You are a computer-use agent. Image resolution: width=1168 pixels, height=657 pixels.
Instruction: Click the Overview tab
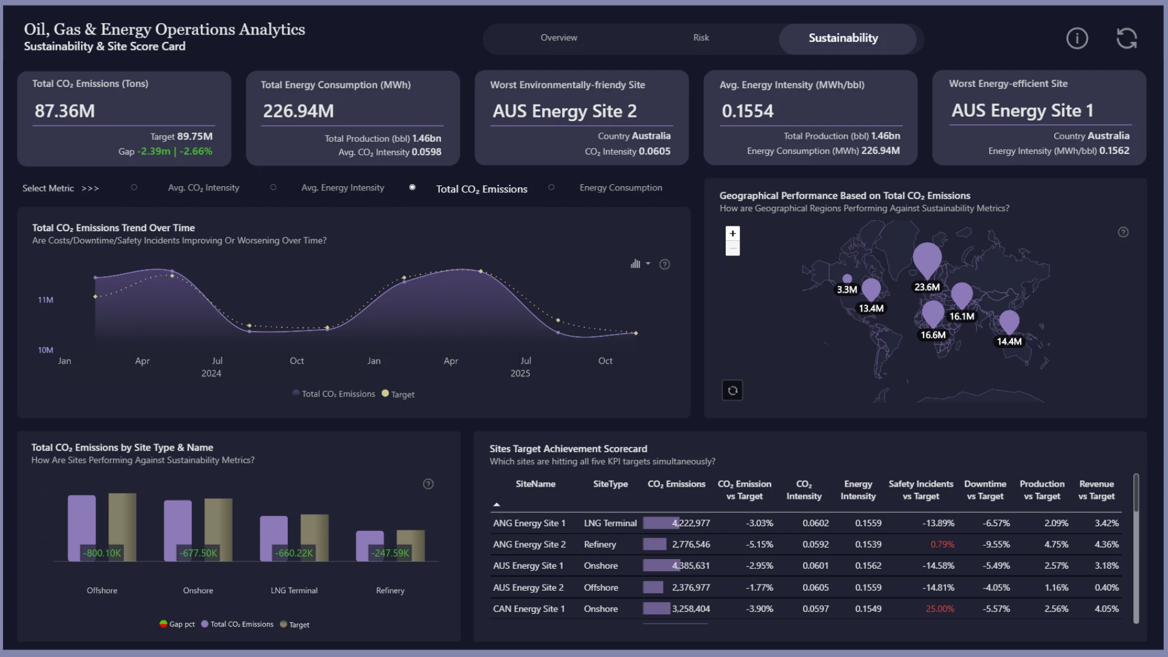click(x=558, y=38)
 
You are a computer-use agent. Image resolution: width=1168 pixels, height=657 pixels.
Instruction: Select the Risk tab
click(x=701, y=38)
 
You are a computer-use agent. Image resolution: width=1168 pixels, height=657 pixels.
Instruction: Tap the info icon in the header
click(x=1077, y=38)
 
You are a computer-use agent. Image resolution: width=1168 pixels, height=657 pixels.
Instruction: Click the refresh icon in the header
click(x=1127, y=38)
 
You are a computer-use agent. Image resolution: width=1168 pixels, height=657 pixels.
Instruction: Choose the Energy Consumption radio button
click(x=551, y=187)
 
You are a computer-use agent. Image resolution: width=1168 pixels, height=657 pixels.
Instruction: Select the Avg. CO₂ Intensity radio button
click(x=134, y=187)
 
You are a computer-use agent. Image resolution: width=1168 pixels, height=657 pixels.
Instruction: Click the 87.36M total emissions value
click(x=64, y=111)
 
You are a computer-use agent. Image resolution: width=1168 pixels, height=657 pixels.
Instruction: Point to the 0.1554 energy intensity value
click(x=748, y=111)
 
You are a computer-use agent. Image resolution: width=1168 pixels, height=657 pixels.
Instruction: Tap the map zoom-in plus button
click(x=732, y=234)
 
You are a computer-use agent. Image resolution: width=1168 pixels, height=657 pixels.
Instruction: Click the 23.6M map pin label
click(x=927, y=287)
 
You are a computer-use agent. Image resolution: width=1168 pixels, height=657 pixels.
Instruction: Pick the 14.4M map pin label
click(x=1009, y=342)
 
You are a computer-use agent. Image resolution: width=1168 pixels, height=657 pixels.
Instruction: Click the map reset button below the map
click(x=732, y=391)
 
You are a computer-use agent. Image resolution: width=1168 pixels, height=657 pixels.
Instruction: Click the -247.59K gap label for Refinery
click(x=391, y=553)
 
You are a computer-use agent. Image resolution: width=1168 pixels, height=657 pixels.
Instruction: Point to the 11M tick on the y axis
click(x=46, y=300)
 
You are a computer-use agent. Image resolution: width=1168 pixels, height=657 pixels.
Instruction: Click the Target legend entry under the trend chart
click(x=398, y=394)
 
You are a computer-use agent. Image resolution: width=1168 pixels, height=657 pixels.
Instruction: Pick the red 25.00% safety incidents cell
click(x=940, y=609)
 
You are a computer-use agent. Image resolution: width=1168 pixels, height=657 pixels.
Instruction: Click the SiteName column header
click(x=535, y=484)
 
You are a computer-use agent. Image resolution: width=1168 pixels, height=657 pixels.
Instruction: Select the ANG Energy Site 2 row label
click(x=529, y=544)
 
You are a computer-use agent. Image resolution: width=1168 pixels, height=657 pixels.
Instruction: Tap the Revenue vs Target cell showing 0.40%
click(x=1107, y=588)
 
